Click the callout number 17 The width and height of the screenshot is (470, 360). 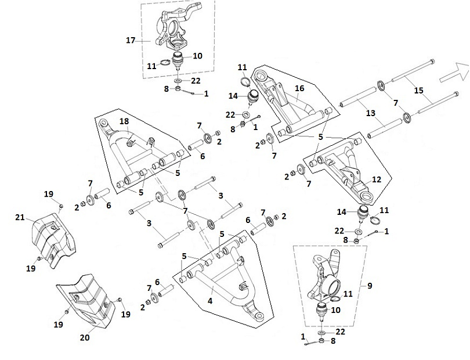click(x=131, y=40)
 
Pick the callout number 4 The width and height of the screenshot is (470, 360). click(x=211, y=301)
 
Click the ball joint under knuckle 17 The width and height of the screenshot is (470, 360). click(x=178, y=60)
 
